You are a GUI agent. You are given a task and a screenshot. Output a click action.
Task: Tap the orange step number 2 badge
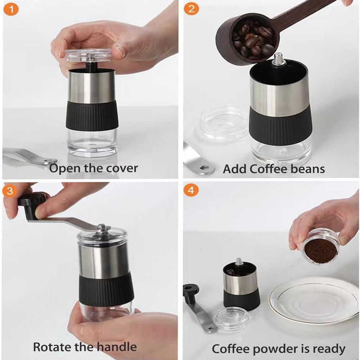click(191, 9)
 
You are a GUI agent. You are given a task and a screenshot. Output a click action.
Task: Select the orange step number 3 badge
click(10, 190)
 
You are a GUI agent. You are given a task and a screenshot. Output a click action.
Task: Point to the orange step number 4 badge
click(191, 190)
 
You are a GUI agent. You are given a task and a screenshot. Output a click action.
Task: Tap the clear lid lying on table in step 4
click(231, 319)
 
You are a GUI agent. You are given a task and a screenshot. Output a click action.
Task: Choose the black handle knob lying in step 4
click(191, 292)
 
